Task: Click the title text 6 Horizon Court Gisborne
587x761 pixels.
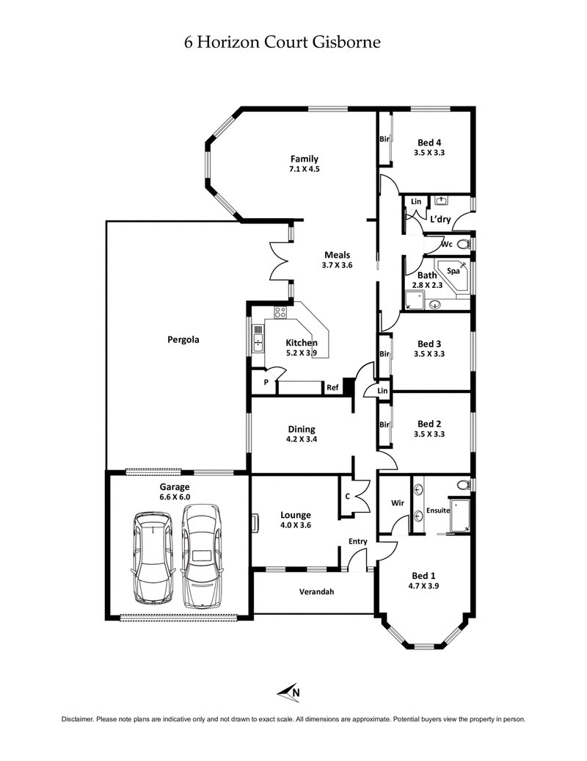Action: pyautogui.click(x=282, y=42)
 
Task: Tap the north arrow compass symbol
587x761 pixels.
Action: pyautogui.click(x=290, y=690)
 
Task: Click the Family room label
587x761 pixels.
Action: pyautogui.click(x=304, y=159)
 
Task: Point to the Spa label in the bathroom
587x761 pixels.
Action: pyautogui.click(x=453, y=270)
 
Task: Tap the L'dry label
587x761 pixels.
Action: pyautogui.click(x=440, y=220)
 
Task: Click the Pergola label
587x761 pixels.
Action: pyautogui.click(x=183, y=340)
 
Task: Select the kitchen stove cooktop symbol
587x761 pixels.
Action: pyautogui.click(x=280, y=312)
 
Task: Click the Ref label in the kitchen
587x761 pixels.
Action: pyautogui.click(x=332, y=387)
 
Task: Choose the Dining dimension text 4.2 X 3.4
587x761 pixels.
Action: pyautogui.click(x=302, y=439)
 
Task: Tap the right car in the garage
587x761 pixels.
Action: pyautogui.click(x=202, y=556)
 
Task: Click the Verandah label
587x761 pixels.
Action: pyautogui.click(x=316, y=591)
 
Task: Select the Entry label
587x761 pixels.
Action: pyautogui.click(x=357, y=541)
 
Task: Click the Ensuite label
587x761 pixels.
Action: pyautogui.click(x=438, y=510)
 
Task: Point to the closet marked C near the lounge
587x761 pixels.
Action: pyautogui.click(x=348, y=497)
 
